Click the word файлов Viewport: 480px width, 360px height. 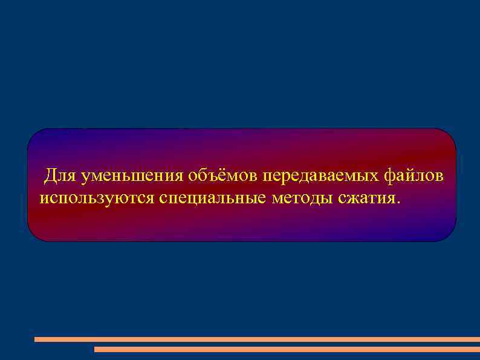tap(415, 176)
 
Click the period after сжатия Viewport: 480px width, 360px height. tap(398, 203)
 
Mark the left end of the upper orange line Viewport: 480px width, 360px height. tap(36, 339)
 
